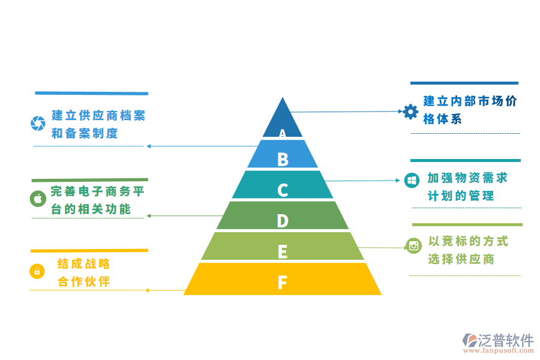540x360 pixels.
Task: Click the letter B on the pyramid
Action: (x=283, y=159)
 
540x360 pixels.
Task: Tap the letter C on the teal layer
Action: (x=283, y=190)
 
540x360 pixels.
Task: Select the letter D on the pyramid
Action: (x=283, y=221)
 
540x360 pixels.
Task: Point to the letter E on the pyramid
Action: (x=283, y=252)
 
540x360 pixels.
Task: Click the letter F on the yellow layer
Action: (x=283, y=282)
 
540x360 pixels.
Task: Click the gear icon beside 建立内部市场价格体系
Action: (x=410, y=111)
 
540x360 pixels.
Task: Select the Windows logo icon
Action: (x=412, y=180)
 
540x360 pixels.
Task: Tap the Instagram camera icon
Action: (x=413, y=245)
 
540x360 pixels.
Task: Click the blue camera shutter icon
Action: (x=38, y=124)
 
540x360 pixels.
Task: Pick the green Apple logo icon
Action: (x=38, y=199)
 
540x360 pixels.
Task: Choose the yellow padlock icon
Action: (x=37, y=271)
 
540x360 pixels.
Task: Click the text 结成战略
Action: (x=84, y=264)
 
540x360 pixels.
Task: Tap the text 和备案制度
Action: (x=85, y=133)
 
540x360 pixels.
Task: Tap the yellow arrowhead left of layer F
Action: (x=148, y=290)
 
